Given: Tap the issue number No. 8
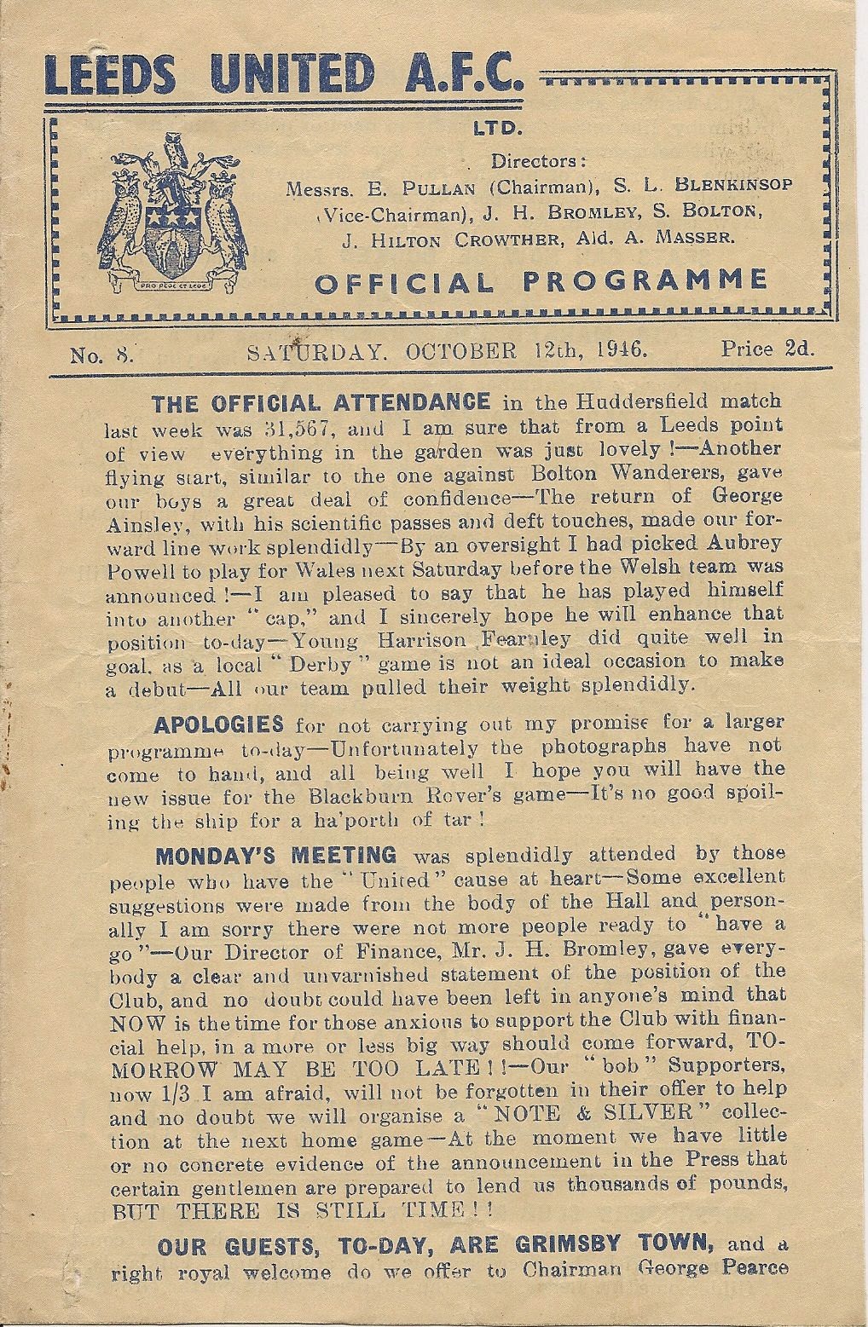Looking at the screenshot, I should click(103, 351).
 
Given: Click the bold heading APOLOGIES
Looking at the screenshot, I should click(219, 725).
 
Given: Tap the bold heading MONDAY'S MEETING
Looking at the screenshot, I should click(275, 854).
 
